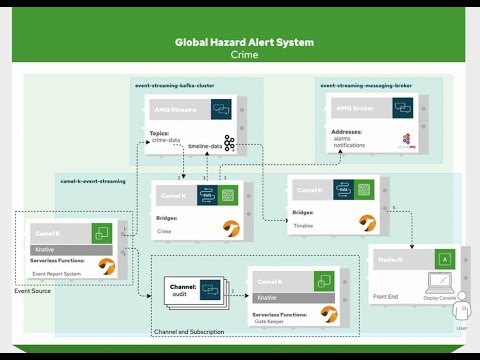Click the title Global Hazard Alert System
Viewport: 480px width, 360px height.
click(244, 43)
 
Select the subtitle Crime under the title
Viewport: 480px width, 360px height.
click(244, 56)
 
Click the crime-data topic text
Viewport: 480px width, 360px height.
click(167, 139)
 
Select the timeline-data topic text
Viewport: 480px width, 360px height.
click(204, 146)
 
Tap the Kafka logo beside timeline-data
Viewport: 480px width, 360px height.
click(230, 144)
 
